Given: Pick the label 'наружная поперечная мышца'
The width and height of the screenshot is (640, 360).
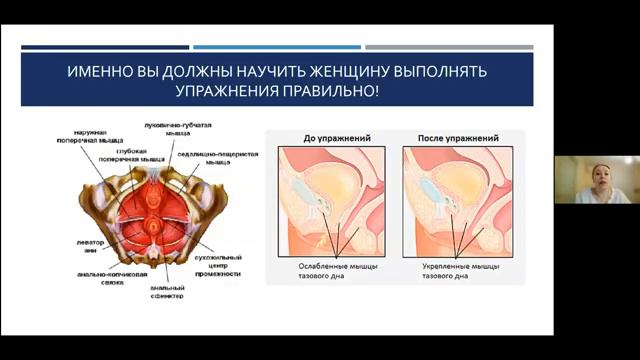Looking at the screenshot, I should click(x=99, y=136).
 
